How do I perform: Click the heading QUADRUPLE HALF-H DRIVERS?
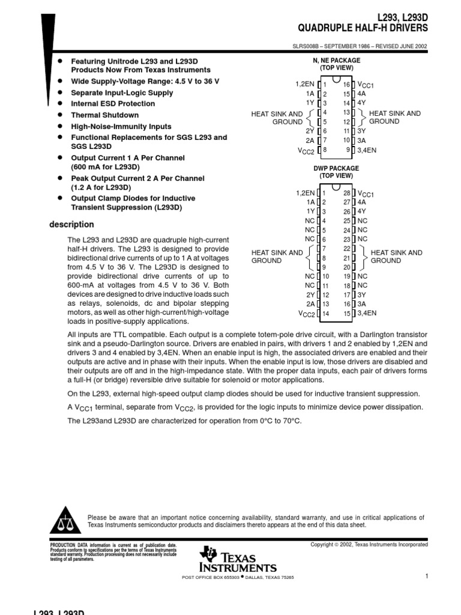pyautogui.click(x=363, y=28)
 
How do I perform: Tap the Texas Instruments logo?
pyautogui.click(x=239, y=560)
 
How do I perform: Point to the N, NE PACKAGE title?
pyautogui.click(x=336, y=61)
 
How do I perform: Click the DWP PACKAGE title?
pyautogui.click(x=336, y=169)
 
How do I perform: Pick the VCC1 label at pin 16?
pyautogui.click(x=366, y=85)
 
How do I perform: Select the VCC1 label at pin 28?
pyautogui.click(x=366, y=193)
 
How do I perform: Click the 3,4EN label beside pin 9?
pyautogui.click(x=367, y=150)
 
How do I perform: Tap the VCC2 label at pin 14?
pyautogui.click(x=307, y=314)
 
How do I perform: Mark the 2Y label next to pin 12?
pyautogui.click(x=310, y=295)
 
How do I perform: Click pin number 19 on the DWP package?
pyautogui.click(x=346, y=276)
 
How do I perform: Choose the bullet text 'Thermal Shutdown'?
pyautogui.click(x=104, y=115)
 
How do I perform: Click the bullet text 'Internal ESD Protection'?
pyautogui.click(x=113, y=103)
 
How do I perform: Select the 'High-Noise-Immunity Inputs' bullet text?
pyautogui.click(x=121, y=127)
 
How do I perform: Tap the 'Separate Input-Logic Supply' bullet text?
pyautogui.click(x=120, y=92)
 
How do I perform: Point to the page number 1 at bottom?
pyautogui.click(x=426, y=577)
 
